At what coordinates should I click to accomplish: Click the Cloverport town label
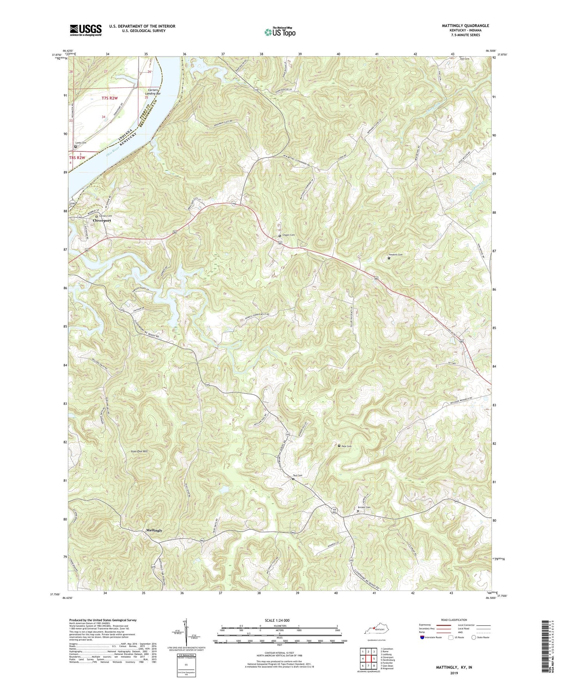102,220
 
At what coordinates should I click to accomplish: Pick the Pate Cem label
346,446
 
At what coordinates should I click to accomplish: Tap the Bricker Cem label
364,507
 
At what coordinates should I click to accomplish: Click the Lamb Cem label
81,143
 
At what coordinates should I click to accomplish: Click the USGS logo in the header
86,30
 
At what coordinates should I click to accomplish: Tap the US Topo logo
279,32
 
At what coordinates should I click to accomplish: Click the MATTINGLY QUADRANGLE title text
465,26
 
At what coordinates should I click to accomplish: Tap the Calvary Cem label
105,216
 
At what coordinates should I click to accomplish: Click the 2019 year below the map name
454,673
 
